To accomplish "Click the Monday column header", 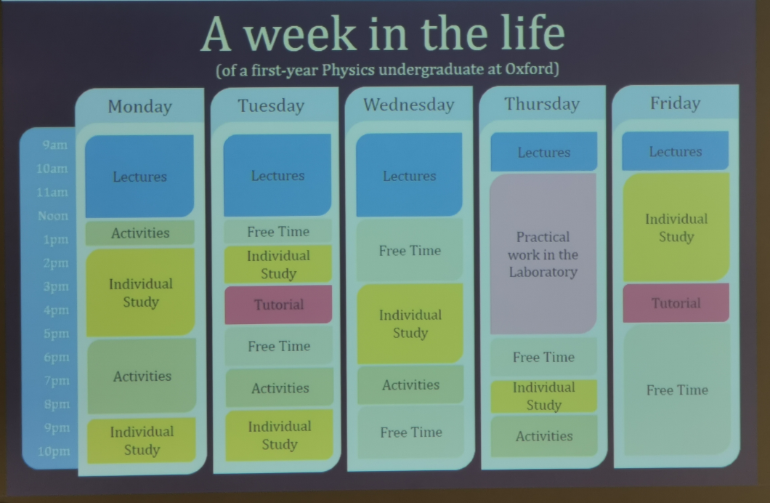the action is point(140,107).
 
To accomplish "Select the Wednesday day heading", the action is point(408,105).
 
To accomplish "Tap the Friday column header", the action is point(676,103).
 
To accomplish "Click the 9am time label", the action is point(54,145).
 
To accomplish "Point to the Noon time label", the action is point(53,216).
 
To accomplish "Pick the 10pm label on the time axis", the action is point(54,451).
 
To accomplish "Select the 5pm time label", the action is point(56,334).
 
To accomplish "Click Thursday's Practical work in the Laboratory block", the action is point(543,254).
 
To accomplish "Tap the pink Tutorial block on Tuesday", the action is point(278,305).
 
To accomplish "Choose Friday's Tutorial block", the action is point(676,302).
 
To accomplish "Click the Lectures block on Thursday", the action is point(544,152).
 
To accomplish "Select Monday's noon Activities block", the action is point(140,233).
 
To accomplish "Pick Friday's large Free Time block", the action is point(677,390).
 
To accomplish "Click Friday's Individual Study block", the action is point(676,228).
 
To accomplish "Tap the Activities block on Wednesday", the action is point(410,385).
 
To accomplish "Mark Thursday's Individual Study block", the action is point(544,396).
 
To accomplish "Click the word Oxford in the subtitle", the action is point(530,68).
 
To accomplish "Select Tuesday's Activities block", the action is point(280,388).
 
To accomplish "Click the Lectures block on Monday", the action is point(139,177).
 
